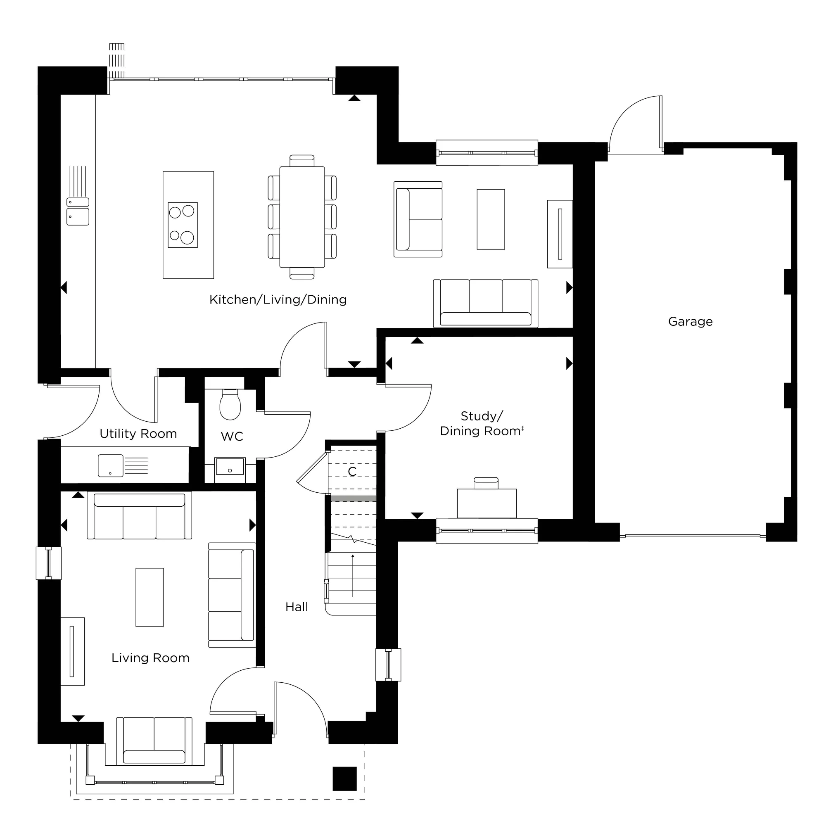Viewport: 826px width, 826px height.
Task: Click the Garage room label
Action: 690,321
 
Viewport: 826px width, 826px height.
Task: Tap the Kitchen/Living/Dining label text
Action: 278,300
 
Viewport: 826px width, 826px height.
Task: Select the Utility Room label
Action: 138,434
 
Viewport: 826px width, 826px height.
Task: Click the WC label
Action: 232,437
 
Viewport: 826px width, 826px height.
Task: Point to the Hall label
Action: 297,607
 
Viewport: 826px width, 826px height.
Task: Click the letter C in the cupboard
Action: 352,472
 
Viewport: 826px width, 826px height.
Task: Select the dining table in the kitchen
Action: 302,217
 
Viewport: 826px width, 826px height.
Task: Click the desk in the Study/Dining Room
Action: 487,503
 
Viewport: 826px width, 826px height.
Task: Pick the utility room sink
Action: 111,465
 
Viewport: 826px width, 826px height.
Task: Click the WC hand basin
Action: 230,467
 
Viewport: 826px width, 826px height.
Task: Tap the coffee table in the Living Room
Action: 150,597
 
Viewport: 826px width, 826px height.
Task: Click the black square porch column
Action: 344,779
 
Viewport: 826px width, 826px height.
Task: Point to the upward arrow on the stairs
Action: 353,575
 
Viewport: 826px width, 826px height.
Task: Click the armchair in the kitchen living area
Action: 418,219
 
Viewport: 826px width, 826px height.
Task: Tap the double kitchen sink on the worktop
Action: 78,211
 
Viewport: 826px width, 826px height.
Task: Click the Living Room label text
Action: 150,658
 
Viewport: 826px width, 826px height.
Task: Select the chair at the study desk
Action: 486,483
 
